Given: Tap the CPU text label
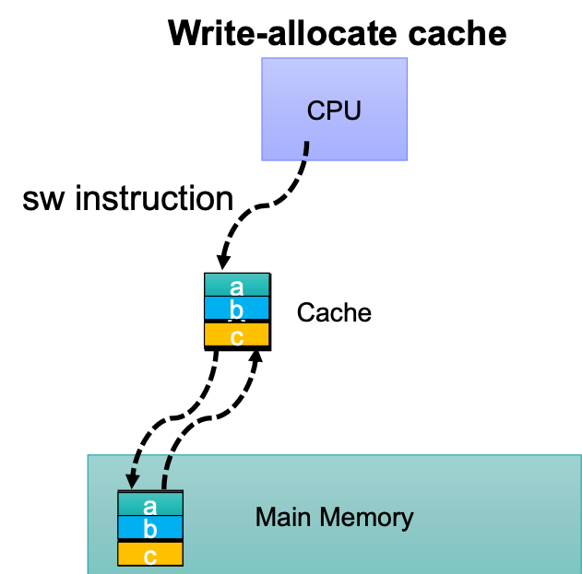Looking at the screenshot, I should [x=334, y=111].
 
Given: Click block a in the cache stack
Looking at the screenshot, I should [x=236, y=285].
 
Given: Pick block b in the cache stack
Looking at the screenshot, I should [x=236, y=309].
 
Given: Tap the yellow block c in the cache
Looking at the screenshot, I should [x=236, y=335].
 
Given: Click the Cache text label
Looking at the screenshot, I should [x=334, y=313].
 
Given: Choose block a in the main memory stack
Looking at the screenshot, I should [x=150, y=505].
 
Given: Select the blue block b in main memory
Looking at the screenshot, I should [x=150, y=529].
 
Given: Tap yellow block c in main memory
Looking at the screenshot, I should [x=150, y=555].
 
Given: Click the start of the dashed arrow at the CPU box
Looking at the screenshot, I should [x=306, y=145].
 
